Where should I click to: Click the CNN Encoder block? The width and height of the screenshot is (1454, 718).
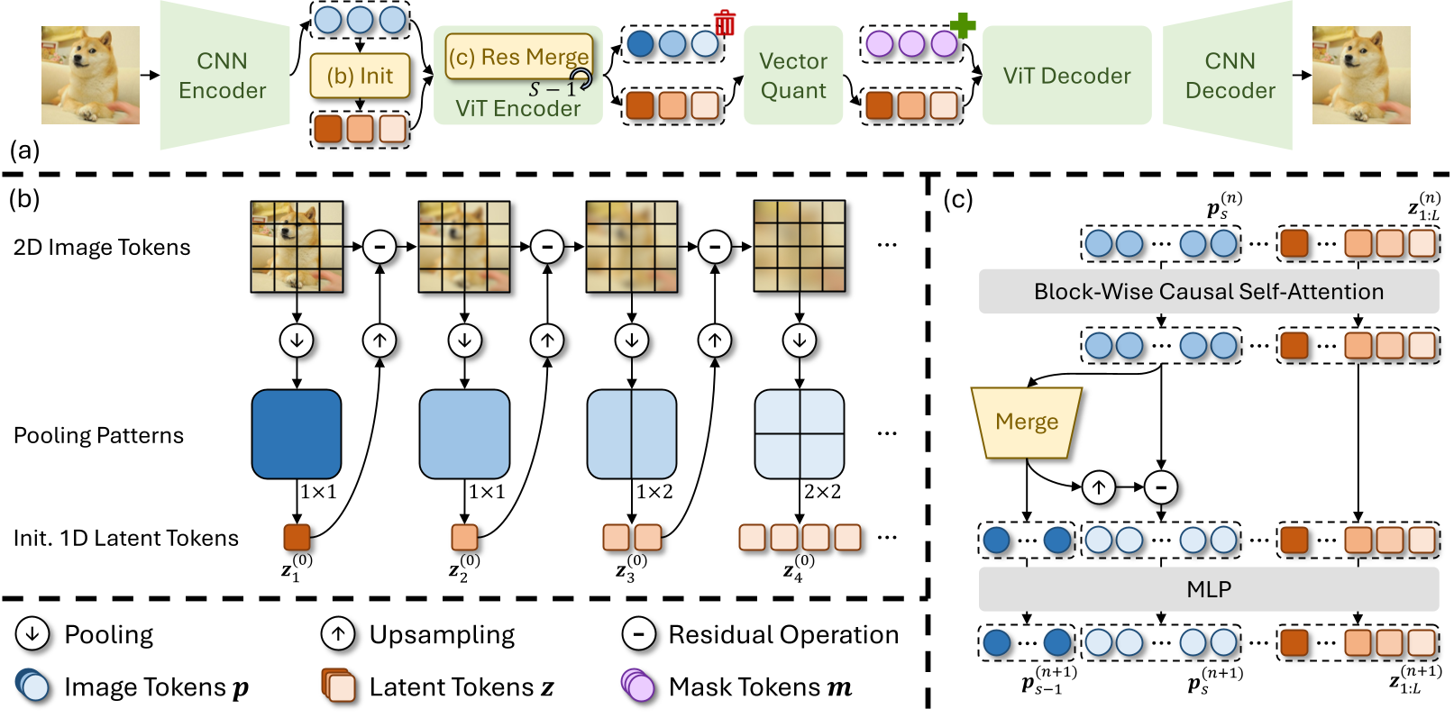pyautogui.click(x=223, y=76)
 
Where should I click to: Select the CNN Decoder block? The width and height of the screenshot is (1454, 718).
pyautogui.click(x=1230, y=76)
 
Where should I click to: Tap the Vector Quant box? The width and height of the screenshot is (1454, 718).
pyautogui.click(x=793, y=76)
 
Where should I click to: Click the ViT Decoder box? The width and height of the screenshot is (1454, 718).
pyautogui.click(x=1066, y=76)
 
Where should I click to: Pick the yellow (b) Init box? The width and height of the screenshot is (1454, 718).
pyautogui.click(x=360, y=76)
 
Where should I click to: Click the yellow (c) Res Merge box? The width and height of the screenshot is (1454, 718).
pyautogui.click(x=519, y=57)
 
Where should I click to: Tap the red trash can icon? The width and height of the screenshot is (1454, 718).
pyautogui.click(x=725, y=23)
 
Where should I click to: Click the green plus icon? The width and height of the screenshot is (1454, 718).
pyautogui.click(x=963, y=24)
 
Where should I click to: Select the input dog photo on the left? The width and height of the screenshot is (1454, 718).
pyautogui.click(x=90, y=75)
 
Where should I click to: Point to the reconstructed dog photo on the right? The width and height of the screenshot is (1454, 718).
pyautogui.click(x=1360, y=75)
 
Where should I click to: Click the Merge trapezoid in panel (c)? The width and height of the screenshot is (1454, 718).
pyautogui.click(x=1027, y=423)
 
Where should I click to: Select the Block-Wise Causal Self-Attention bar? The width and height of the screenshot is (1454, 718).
pyautogui.click(x=1208, y=292)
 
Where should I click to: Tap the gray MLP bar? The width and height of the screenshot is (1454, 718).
pyautogui.click(x=1208, y=589)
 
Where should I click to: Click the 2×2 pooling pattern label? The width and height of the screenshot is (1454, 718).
pyautogui.click(x=822, y=492)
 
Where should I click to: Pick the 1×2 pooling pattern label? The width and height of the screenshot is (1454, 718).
pyautogui.click(x=654, y=492)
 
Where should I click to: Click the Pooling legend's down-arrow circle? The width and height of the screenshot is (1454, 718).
pyautogui.click(x=32, y=634)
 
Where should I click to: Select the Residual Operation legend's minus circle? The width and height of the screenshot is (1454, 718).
pyautogui.click(x=638, y=634)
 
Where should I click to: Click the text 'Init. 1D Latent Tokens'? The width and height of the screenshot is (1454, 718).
pyautogui.click(x=126, y=539)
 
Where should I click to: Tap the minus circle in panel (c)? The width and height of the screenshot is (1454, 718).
pyautogui.click(x=1161, y=487)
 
